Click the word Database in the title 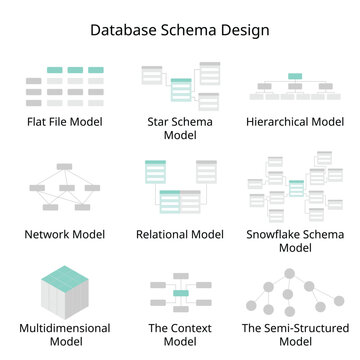125,30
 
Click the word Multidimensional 65,327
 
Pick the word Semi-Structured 294,327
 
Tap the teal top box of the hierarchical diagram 295,75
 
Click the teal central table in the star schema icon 181,89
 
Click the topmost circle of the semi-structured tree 296,273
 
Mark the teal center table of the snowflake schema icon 296,187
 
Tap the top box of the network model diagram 64,165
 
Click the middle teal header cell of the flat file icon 75,71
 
